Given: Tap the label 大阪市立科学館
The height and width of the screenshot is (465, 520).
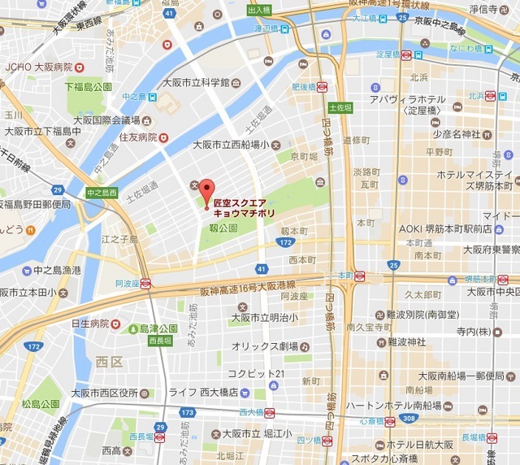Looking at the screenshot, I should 196,82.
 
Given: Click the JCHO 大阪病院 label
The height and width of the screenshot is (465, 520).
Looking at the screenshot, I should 38,67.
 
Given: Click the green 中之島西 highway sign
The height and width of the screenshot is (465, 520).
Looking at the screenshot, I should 102,193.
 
